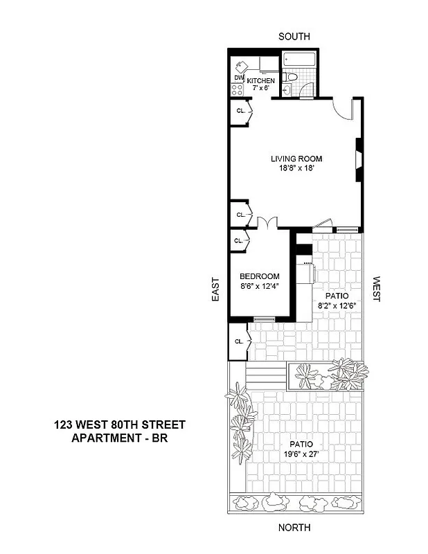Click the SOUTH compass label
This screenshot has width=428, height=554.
[x=294, y=36]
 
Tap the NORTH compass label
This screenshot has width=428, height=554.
[x=294, y=528]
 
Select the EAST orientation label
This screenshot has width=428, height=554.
[x=215, y=289]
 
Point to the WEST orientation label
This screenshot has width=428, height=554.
[x=377, y=289]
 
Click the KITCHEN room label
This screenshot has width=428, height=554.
[x=261, y=81]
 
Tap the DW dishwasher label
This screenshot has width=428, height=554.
[x=238, y=78]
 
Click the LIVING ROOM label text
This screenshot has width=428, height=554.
[x=296, y=159]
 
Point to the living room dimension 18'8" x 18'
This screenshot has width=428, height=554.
[x=296, y=168]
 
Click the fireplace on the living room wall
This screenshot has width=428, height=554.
[x=359, y=159]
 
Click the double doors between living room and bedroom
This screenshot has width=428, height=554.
[x=267, y=224]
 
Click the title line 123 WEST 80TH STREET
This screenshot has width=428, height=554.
[x=119, y=425]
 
